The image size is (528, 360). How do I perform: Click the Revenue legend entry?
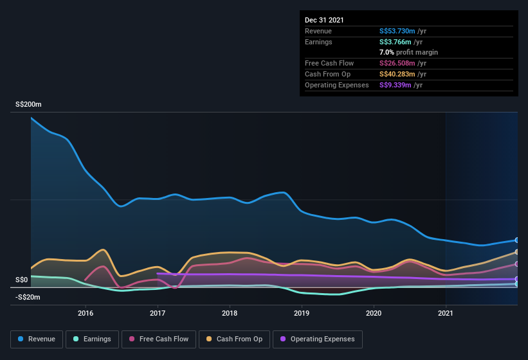pos(37,339)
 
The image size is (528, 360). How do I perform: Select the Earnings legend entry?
pos(92,339)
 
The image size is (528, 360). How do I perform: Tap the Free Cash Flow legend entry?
pos(158,339)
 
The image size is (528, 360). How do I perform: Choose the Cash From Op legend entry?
pos(234,339)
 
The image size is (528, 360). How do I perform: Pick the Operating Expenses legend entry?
pos(318,339)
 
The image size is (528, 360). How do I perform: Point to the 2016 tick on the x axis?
pos(86,313)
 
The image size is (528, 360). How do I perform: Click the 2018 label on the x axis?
pos(230,313)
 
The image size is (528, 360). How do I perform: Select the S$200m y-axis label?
pos(28,104)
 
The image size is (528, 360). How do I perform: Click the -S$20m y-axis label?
pos(28,297)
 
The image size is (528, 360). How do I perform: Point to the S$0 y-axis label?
pos(22,280)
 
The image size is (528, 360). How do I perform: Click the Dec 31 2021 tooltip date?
pos(324,20)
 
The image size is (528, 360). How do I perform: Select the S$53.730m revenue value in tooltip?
pos(397,31)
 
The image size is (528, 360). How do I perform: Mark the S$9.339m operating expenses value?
pos(396,85)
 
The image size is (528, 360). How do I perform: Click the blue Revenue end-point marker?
pos(517,240)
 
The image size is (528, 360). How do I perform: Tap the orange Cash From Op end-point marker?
pos(517,252)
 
